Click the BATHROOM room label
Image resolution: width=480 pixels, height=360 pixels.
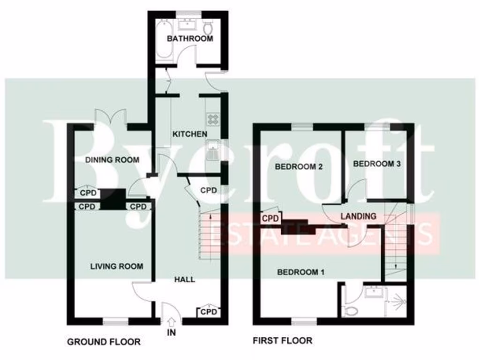190,38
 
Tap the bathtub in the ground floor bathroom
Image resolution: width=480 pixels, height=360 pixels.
164,39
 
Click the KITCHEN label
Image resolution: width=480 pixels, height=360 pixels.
190,134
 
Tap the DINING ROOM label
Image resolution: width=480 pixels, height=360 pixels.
112,160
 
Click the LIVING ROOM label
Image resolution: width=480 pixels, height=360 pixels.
117,266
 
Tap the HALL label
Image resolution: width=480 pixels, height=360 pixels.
185,279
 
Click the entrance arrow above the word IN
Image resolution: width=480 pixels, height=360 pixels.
171,321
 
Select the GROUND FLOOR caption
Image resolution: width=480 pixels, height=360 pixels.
104,342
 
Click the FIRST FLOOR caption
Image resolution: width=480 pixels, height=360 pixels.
283,340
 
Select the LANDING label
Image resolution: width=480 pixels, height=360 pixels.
358,216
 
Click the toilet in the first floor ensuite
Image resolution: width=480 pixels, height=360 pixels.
351,310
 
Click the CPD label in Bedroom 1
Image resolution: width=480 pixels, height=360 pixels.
270,218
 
